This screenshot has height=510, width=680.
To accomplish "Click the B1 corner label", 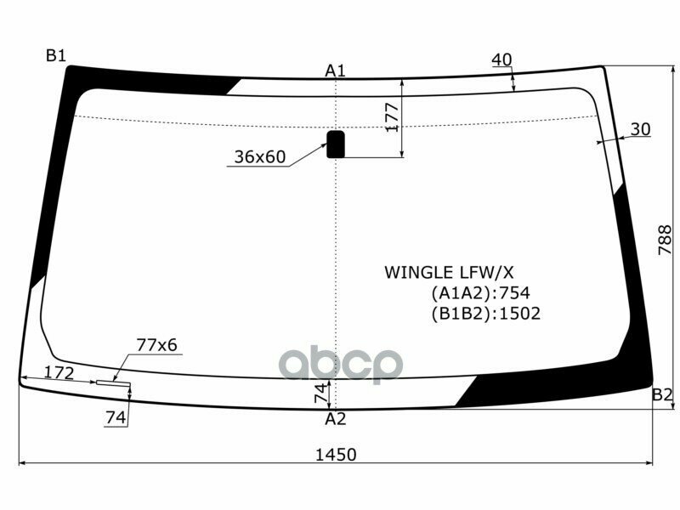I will point(55,55).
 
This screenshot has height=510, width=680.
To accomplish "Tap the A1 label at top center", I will point(335,70).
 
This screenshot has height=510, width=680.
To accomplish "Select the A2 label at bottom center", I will point(336,418).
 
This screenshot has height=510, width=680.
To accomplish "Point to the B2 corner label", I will point(662,394).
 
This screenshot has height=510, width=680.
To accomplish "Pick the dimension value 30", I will point(640,129).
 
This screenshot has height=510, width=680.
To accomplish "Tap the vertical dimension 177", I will point(392,117).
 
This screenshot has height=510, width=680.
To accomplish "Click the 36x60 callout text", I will point(260,157).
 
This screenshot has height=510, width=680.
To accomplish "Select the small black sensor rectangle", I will point(337,144).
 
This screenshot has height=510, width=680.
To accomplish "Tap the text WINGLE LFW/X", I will point(450,272).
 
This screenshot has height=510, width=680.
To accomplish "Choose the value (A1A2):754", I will point(480,293).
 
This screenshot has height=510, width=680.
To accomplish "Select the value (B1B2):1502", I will point(485,313).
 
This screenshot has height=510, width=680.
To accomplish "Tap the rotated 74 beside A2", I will point(320,394).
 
